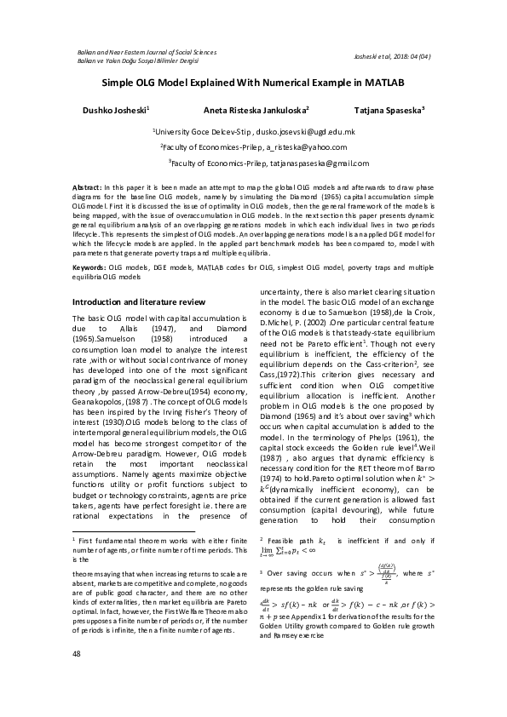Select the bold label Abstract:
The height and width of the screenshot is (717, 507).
(86, 186)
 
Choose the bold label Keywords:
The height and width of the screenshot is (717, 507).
(89, 267)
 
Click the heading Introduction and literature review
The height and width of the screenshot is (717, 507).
(138, 301)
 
